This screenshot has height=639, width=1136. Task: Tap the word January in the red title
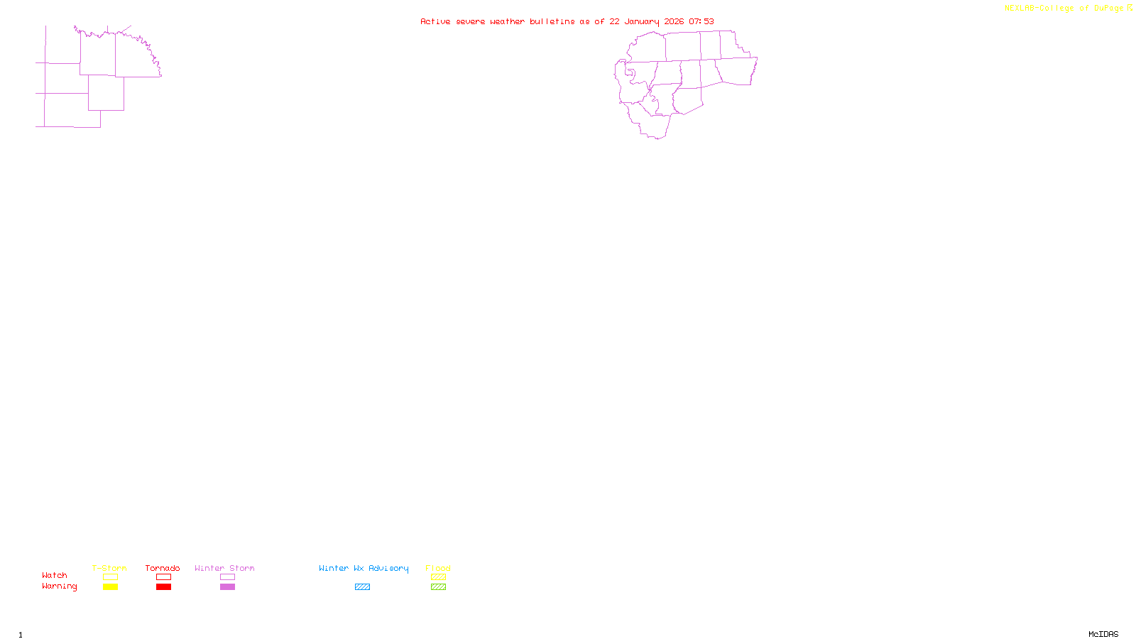641,22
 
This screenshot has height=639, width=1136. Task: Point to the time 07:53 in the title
701,22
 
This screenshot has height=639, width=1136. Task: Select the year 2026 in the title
674,22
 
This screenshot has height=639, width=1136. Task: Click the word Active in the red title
435,22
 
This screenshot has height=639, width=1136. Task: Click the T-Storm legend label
109,568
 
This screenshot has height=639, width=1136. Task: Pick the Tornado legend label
163,568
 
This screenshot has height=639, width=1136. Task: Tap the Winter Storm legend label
224,568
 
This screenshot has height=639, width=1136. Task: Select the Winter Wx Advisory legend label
364,568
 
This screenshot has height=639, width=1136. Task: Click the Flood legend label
438,568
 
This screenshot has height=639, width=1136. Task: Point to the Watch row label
55,576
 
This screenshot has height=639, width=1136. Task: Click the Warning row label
60,586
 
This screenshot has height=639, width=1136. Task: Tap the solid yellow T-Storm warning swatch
110,587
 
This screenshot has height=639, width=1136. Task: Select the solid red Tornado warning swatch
163,587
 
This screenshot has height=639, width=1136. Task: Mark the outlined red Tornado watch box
163,577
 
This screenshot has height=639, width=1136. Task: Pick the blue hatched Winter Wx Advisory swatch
362,587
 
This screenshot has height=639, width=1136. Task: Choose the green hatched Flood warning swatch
438,587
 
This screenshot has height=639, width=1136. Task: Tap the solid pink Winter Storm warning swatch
227,587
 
